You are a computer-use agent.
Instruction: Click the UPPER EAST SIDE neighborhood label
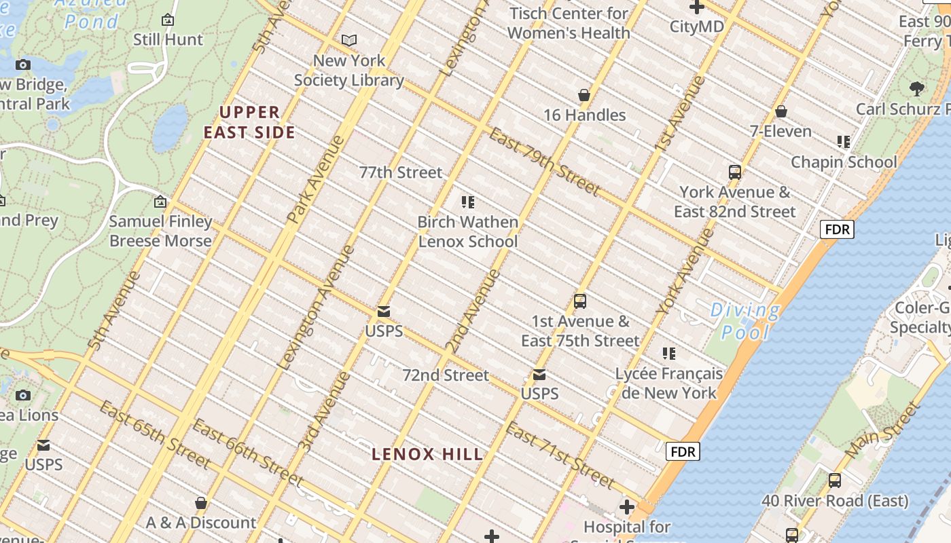[250, 122]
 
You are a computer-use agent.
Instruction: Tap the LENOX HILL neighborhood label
[428, 454]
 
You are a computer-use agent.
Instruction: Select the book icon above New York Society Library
[349, 41]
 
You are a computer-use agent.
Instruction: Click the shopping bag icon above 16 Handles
[584, 95]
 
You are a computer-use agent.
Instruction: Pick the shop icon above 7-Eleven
[781, 111]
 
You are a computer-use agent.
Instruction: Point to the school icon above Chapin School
[844, 142]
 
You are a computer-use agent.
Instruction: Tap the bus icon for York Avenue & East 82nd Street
[734, 172]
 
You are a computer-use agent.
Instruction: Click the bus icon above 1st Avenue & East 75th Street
[580, 301]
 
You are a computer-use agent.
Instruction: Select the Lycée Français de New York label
[669, 383]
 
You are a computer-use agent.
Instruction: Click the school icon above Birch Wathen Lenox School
[467, 202]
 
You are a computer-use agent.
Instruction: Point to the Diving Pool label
[744, 321]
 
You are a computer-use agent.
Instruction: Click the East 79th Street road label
[545, 161]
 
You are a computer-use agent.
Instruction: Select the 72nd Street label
[446, 375]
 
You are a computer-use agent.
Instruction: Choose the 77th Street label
[401, 172]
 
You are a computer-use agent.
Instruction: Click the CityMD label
[697, 26]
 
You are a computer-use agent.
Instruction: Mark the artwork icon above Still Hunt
[168, 20]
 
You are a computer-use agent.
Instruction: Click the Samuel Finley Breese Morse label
[160, 231]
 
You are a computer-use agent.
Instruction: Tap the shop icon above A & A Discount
[201, 503]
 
